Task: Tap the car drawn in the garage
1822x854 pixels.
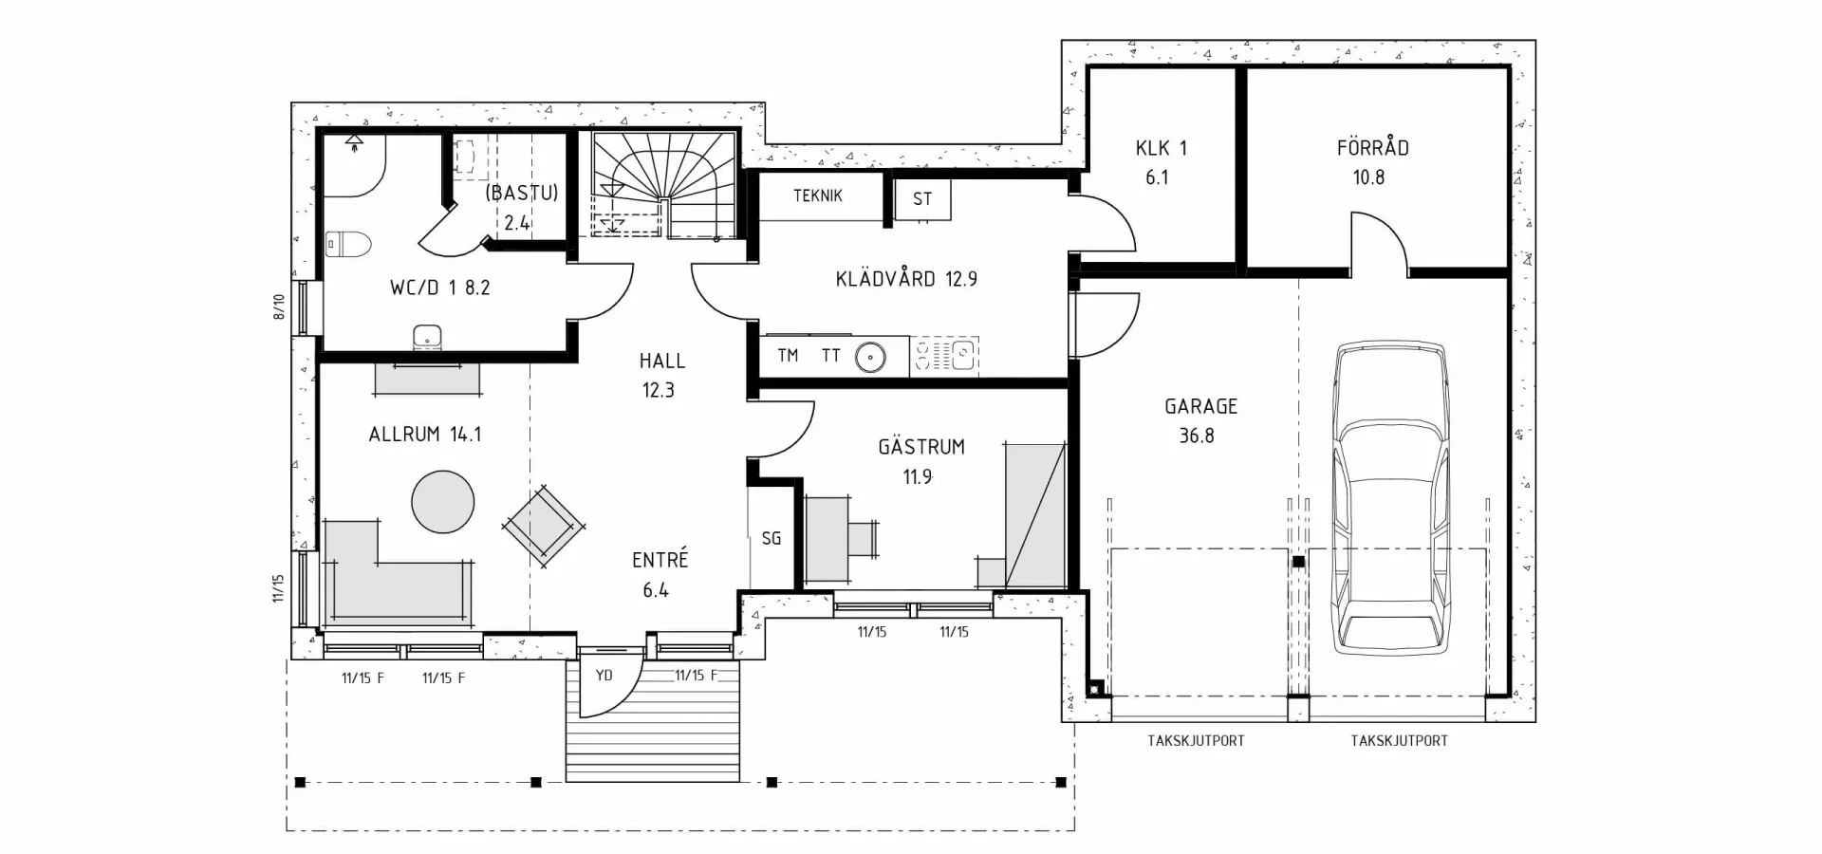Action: tap(1390, 498)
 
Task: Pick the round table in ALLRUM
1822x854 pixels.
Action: tap(443, 501)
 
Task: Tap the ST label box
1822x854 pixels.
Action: tap(922, 199)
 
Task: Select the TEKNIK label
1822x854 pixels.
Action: tap(818, 195)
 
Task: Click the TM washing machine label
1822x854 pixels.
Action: tap(788, 356)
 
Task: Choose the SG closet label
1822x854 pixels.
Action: tap(772, 538)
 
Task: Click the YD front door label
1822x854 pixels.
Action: tap(604, 676)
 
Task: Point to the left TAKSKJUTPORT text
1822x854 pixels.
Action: tap(1196, 740)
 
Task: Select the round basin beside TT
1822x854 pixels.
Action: tap(870, 358)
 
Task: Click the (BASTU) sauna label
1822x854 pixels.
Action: tap(521, 193)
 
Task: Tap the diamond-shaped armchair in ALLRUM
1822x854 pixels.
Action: tap(545, 526)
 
